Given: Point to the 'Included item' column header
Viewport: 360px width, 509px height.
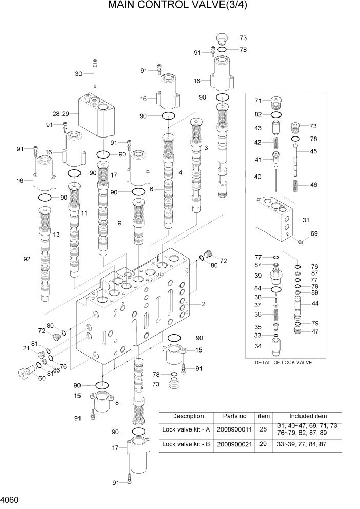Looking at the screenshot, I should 308,416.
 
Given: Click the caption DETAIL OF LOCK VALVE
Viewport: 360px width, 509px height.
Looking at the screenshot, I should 283,362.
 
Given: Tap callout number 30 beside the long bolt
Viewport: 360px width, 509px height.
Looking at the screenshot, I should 78,74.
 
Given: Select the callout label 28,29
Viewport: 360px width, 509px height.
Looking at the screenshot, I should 61,113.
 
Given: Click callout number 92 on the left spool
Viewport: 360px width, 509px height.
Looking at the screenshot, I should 27,259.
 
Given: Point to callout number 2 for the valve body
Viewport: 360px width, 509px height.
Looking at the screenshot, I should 204,304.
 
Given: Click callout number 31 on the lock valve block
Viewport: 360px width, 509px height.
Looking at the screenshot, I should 306,220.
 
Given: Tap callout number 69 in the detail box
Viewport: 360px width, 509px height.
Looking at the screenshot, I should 314,234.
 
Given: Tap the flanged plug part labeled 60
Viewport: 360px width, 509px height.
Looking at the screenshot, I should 24,373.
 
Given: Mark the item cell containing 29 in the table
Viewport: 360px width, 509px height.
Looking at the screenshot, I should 263,444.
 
